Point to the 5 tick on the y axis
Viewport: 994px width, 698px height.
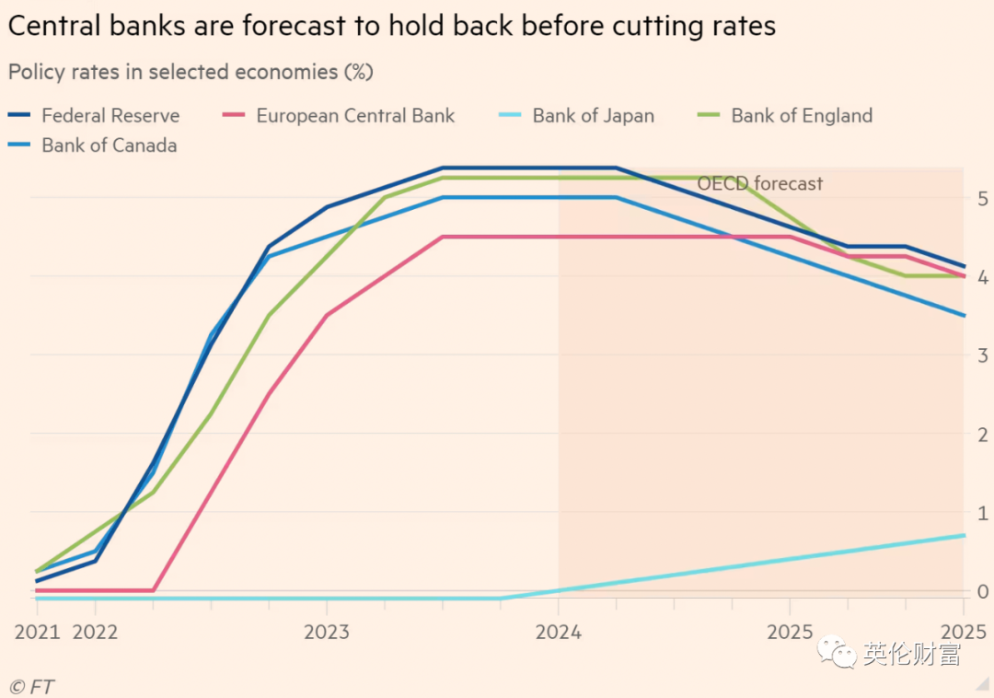pyautogui.click(x=983, y=198)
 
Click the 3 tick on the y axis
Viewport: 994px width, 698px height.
pyautogui.click(x=983, y=355)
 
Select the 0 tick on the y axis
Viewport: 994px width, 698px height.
pyautogui.click(x=983, y=591)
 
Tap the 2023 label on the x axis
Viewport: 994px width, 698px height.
pyautogui.click(x=327, y=632)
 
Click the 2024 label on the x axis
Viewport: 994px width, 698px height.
pyautogui.click(x=559, y=632)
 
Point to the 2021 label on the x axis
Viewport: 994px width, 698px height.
pyautogui.click(x=37, y=632)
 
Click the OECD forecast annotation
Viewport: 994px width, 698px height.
pyautogui.click(x=759, y=183)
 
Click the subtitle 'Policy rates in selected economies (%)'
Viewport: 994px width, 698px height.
pyautogui.click(x=191, y=71)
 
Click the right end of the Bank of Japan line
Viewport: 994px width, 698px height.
pyautogui.click(x=964, y=535)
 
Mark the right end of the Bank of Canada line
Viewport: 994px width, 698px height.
pyautogui.click(x=964, y=316)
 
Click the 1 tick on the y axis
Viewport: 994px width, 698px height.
pyautogui.click(x=983, y=513)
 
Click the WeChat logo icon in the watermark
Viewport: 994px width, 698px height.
pyautogui.click(x=839, y=654)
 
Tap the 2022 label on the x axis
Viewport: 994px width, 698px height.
pyautogui.click(x=95, y=632)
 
